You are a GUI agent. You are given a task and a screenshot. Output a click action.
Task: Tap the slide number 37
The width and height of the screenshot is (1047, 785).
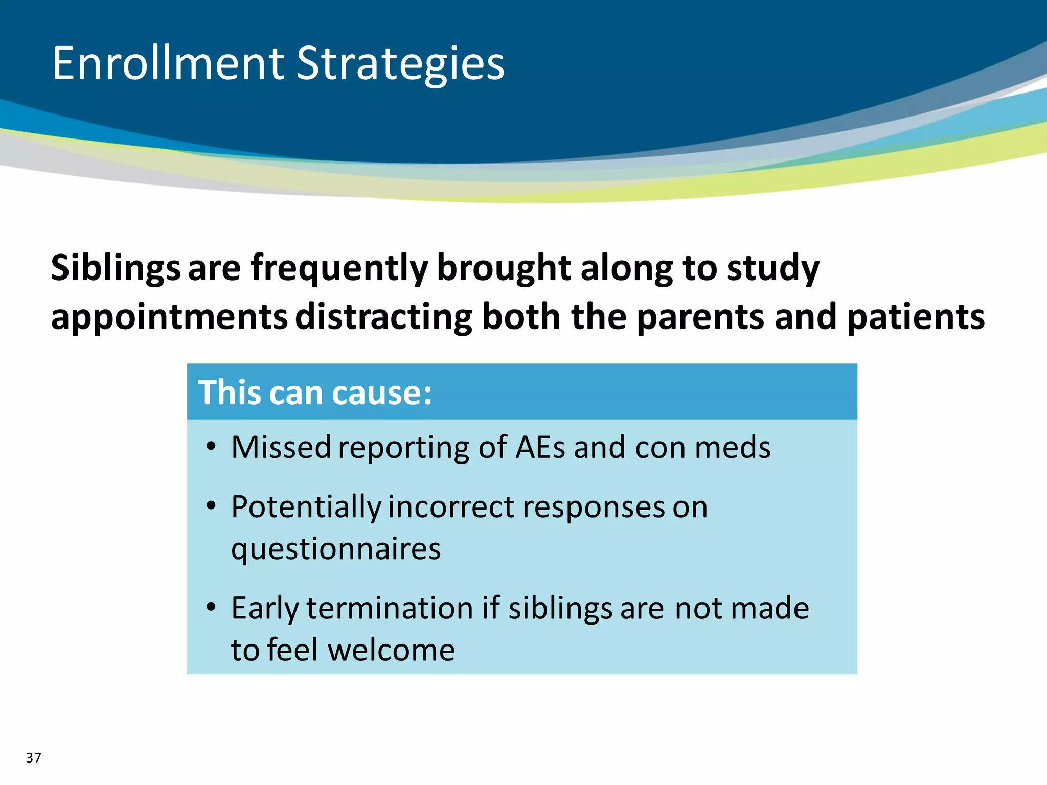pyautogui.click(x=33, y=757)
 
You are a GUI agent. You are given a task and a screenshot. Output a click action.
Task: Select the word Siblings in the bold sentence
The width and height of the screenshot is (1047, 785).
pyautogui.click(x=116, y=268)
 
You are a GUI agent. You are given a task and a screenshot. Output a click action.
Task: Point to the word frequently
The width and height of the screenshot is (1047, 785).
pyautogui.click(x=339, y=268)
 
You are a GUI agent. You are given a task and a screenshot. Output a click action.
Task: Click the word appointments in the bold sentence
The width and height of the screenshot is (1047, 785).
pyautogui.click(x=169, y=317)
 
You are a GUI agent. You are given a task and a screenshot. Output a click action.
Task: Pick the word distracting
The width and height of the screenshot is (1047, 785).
pyautogui.click(x=384, y=317)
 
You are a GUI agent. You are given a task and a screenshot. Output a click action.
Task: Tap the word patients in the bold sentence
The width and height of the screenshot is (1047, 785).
pyautogui.click(x=916, y=317)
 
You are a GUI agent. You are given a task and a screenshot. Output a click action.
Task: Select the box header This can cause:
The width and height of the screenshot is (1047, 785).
pyautogui.click(x=315, y=392)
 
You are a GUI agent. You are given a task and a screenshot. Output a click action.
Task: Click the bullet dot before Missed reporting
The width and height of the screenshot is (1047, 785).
pyautogui.click(x=211, y=447)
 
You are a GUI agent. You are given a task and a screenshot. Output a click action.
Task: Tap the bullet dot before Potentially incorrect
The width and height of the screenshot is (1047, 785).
pyautogui.click(x=211, y=506)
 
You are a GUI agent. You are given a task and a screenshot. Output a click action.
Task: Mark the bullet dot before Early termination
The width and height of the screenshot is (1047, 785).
pyautogui.click(x=211, y=608)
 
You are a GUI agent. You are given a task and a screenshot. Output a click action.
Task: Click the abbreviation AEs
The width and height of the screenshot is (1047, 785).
pyautogui.click(x=540, y=447)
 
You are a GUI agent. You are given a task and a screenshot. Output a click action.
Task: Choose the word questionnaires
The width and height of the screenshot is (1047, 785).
pyautogui.click(x=336, y=549)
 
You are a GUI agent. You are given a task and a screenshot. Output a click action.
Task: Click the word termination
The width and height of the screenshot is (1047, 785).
pyautogui.click(x=390, y=608)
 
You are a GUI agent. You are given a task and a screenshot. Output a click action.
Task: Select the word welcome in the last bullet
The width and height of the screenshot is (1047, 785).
pyautogui.click(x=391, y=650)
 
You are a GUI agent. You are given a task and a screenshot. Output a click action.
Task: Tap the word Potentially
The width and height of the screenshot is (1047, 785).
pyautogui.click(x=306, y=507)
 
